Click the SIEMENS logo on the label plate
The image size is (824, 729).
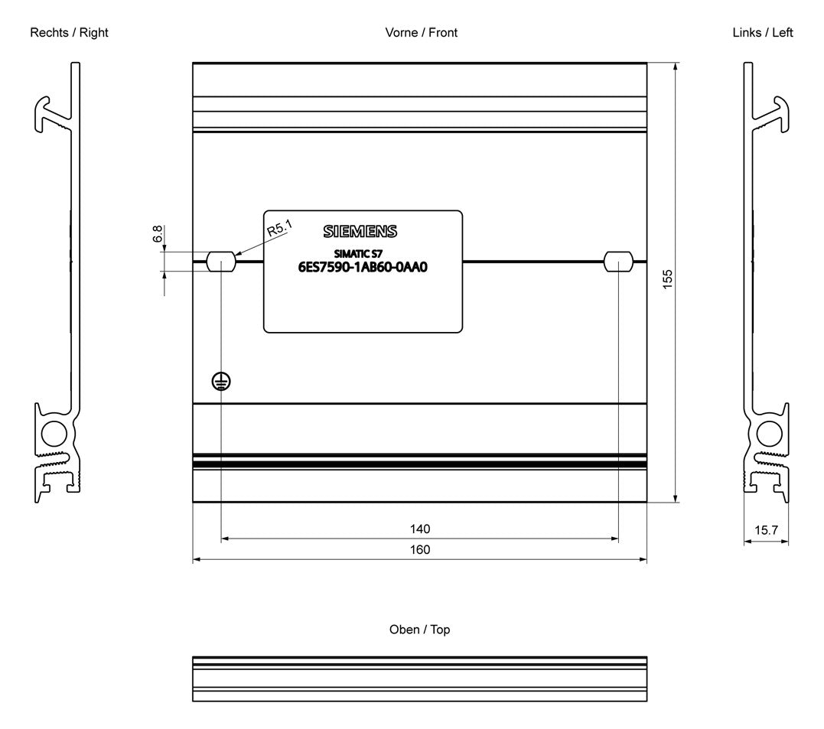(360, 231)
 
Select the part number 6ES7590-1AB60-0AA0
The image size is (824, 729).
(363, 267)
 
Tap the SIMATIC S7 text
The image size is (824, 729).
(358, 254)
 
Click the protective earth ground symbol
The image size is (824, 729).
(221, 382)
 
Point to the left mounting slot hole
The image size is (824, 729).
(221, 261)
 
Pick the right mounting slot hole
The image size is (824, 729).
(618, 261)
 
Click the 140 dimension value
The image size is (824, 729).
(420, 529)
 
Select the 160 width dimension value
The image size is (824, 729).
(420, 550)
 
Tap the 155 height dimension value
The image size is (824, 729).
(667, 279)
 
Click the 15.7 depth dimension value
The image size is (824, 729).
(766, 530)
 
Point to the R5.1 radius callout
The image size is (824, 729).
(279, 228)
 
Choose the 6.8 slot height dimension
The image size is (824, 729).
(158, 234)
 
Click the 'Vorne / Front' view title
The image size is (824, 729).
(421, 33)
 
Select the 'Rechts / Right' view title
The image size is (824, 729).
(69, 33)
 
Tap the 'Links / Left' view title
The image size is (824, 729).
(763, 33)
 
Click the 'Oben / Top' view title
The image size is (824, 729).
(419, 630)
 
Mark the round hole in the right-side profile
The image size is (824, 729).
(54, 434)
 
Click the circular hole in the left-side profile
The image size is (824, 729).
(770, 434)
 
